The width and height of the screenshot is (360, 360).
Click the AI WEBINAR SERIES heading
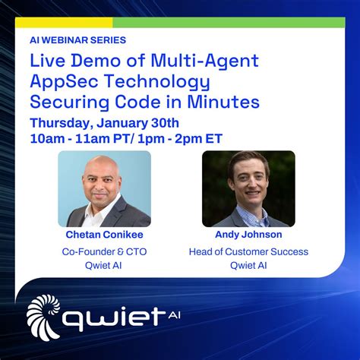[77, 39]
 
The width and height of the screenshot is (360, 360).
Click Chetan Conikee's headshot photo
[104, 188]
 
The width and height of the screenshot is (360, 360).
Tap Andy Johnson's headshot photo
[248, 188]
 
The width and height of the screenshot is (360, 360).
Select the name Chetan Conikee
[104, 235]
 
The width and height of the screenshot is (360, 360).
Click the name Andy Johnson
[248, 235]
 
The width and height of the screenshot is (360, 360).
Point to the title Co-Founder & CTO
[104, 251]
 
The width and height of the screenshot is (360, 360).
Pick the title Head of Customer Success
[248, 251]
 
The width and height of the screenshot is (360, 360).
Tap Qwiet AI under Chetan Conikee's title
[104, 266]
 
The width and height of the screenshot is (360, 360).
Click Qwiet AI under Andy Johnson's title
[248, 266]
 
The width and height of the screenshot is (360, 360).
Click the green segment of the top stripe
[229, 23]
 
